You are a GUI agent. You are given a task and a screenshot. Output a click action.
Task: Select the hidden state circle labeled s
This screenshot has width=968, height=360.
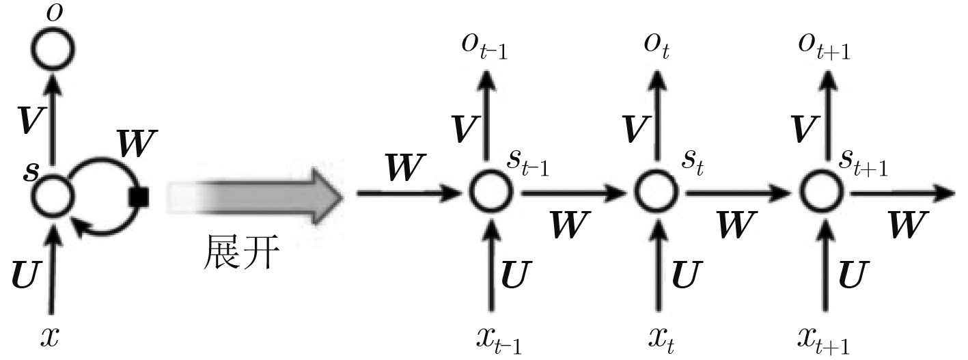click(53, 195)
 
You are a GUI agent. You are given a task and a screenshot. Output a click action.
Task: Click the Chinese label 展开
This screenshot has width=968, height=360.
click(241, 254)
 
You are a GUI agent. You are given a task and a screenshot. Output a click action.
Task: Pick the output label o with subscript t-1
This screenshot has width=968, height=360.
click(485, 46)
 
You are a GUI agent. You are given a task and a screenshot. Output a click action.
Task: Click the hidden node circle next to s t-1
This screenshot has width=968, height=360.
click(489, 194)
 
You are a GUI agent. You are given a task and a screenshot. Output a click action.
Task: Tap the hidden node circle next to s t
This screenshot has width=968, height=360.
click(654, 194)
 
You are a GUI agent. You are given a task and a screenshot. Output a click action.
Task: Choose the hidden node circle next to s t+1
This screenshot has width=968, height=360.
click(820, 194)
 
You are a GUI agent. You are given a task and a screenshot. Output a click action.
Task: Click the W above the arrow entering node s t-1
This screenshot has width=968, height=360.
click(405, 167)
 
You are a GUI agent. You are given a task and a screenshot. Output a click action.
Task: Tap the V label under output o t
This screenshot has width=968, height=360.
click(635, 126)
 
